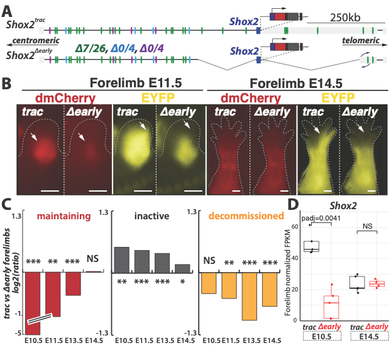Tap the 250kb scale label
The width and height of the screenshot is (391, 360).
[346, 20]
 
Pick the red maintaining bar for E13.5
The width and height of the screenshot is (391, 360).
[73, 283]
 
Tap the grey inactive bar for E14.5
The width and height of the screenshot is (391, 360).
[182, 268]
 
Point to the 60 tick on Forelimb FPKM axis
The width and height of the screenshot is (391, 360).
[292, 224]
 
